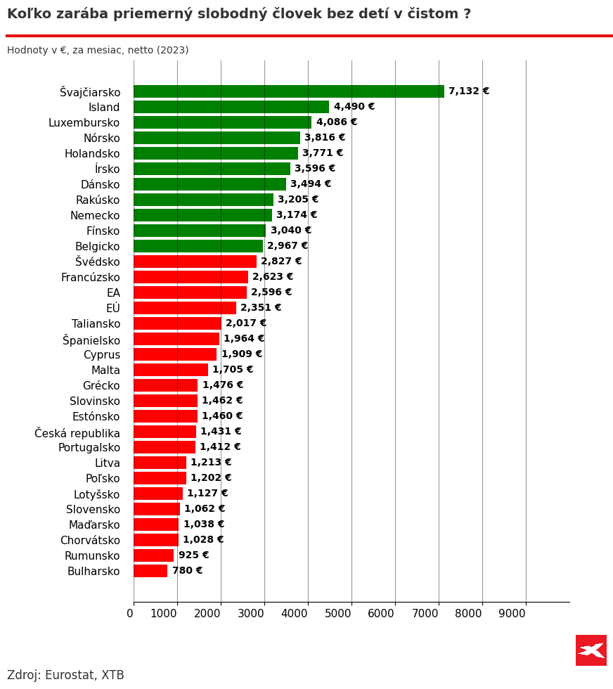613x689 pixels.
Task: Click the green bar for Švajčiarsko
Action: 288,91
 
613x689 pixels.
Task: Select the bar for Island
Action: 231,107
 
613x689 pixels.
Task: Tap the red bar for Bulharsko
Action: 150,571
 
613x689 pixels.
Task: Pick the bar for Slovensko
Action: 157,509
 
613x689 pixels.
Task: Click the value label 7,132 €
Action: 469,91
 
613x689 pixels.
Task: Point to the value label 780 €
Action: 187,571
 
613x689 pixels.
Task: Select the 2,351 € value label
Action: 261,308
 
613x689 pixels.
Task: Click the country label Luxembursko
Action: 84,123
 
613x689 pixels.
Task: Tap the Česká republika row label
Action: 77,432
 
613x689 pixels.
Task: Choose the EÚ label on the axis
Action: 113,309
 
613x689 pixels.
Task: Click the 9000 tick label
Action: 512,613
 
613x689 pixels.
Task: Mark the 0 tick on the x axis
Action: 130,613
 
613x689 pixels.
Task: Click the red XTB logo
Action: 591,650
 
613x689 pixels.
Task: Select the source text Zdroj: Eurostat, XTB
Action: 65,676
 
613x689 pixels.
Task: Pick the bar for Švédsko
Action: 195,262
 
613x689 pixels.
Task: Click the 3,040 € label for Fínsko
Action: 291,231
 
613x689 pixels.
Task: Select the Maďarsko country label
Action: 94,525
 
